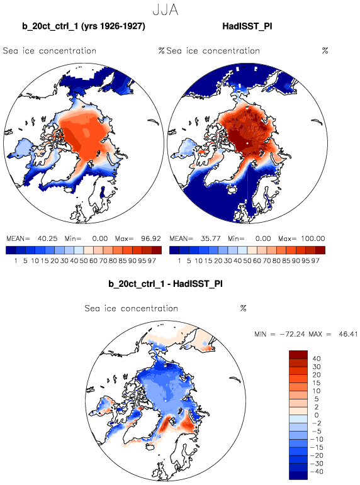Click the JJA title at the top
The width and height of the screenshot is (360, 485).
(x=166, y=10)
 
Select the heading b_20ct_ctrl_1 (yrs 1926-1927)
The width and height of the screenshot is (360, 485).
(x=84, y=26)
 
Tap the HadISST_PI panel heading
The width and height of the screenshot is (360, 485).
(x=247, y=26)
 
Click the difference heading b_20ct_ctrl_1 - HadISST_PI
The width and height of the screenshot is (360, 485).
(x=166, y=284)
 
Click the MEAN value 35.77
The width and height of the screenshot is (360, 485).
(x=210, y=238)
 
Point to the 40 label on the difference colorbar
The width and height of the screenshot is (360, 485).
(x=317, y=359)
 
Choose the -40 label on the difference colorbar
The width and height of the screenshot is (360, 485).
(x=317, y=472)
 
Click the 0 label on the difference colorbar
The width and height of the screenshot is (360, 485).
(x=317, y=415)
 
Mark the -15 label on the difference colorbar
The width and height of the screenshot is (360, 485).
(x=317, y=447)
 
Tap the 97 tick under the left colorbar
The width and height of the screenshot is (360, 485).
(x=152, y=261)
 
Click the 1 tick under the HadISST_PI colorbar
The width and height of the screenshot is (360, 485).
(x=179, y=261)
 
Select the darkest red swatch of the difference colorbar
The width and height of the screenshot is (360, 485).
(x=298, y=354)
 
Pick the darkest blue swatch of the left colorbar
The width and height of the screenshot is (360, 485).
(x=11, y=250)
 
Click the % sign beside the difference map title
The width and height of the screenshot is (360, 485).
(x=244, y=308)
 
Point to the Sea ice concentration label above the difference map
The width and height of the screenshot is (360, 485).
(x=132, y=308)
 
